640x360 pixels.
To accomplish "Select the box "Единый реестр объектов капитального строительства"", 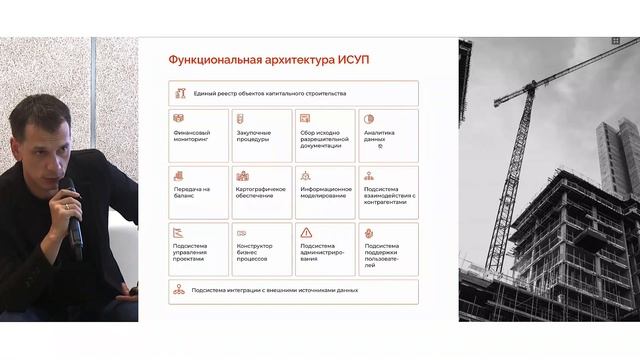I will (x=293, y=93).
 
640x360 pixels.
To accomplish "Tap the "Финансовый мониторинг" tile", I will (x=199, y=136).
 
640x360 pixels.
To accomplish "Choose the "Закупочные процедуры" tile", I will (x=262, y=136).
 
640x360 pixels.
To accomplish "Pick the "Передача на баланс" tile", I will (x=199, y=192).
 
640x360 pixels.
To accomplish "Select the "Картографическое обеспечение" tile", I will (x=262, y=192).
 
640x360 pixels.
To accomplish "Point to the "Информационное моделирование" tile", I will (x=325, y=192).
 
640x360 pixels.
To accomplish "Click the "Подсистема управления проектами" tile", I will (x=199, y=249).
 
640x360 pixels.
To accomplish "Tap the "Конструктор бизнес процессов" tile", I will (x=262, y=249).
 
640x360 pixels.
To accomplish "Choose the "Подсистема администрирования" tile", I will (x=325, y=249).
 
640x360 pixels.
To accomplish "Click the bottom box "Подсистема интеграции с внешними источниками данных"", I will (x=293, y=291).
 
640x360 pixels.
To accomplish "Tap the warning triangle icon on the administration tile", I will (x=306, y=233).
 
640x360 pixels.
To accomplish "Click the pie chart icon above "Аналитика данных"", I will (x=369, y=119).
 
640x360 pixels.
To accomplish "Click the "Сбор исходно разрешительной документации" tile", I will (x=325, y=136).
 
